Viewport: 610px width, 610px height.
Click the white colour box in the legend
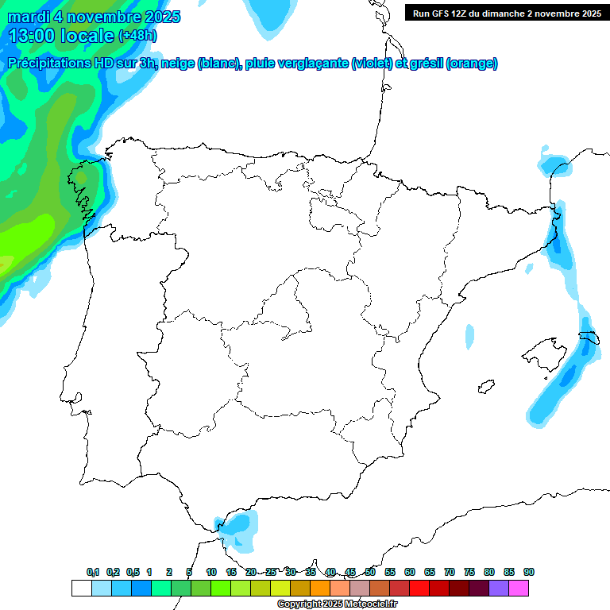[x=81, y=588]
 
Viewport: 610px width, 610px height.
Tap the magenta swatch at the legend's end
[x=519, y=588]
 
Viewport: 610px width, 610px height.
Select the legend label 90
[x=529, y=572]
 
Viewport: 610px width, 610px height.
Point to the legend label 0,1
[x=93, y=572]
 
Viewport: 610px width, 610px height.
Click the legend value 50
[x=370, y=572]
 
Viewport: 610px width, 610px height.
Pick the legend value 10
[x=211, y=572]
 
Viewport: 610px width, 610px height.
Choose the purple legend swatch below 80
[x=499, y=588]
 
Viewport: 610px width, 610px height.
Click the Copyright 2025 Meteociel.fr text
[x=338, y=604]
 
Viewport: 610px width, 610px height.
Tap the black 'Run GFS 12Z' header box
[x=506, y=13]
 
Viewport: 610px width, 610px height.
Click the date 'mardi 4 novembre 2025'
[x=94, y=17]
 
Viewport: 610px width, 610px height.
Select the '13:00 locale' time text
[x=61, y=36]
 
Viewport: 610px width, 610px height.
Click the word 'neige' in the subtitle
[x=177, y=64]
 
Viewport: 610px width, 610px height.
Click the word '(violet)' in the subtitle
[x=372, y=64]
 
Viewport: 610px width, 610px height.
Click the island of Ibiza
[x=484, y=387]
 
